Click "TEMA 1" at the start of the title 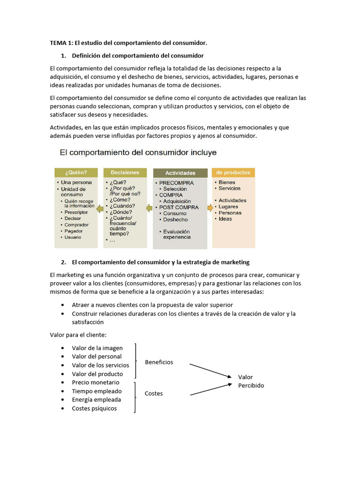click(x=60, y=43)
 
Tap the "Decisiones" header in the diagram click(x=125, y=172)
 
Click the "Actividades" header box click(x=180, y=173)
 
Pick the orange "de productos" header click(x=233, y=172)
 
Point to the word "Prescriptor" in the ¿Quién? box click(x=76, y=212)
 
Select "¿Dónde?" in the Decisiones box click(x=122, y=211)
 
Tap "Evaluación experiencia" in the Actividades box click(x=177, y=234)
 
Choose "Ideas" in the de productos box click(x=225, y=219)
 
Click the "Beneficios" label click(x=159, y=362)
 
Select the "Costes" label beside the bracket click(x=154, y=393)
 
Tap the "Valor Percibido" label click(x=251, y=381)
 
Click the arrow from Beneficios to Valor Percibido click(x=210, y=370)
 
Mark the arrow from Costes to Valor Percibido click(x=210, y=389)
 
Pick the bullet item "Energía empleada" click(x=96, y=399)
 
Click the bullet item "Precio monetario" click(x=95, y=382)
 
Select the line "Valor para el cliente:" click(x=78, y=334)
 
